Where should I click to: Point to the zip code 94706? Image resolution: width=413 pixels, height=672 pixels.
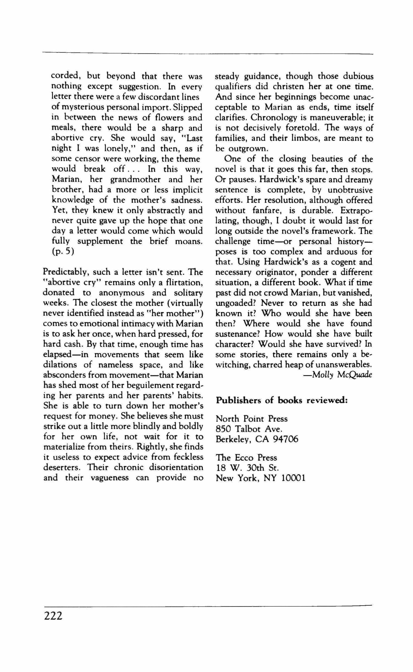click(286, 439)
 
